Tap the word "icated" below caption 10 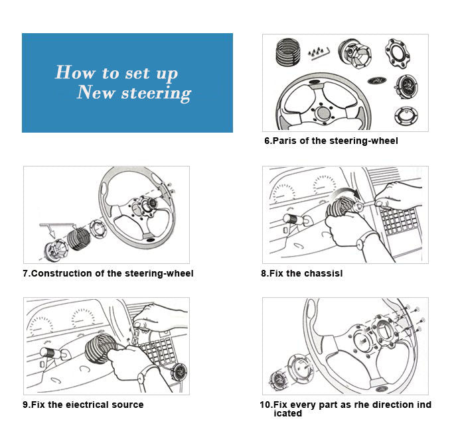pos(287,414)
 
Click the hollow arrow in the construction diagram pos(47,229)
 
